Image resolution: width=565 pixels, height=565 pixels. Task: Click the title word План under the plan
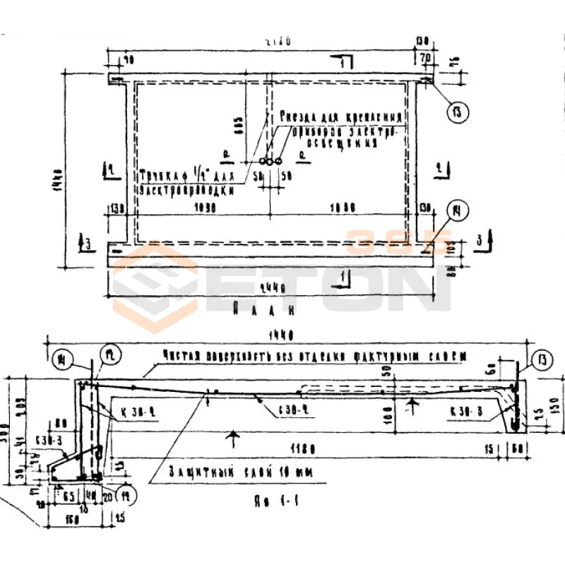click(x=262, y=309)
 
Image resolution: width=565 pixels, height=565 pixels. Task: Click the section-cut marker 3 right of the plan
click(x=479, y=242)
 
